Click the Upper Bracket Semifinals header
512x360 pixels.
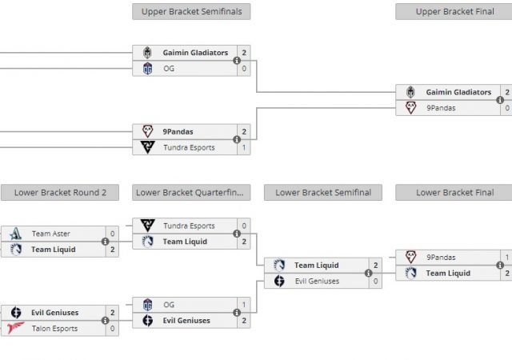tap(191, 12)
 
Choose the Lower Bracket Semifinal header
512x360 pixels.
tap(323, 193)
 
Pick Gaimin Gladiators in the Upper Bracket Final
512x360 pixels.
tap(458, 93)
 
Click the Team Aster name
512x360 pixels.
tap(51, 234)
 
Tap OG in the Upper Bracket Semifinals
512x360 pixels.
tap(169, 69)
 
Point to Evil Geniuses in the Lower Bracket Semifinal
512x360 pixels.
tap(318, 282)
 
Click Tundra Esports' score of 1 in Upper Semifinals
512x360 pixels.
tap(243, 147)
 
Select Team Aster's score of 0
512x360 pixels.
tap(112, 234)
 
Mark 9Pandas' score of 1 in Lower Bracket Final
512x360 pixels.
tap(506, 258)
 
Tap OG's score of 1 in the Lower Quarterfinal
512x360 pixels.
tap(243, 305)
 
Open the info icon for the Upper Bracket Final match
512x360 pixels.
tap(499, 100)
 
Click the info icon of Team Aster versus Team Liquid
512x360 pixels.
tap(105, 242)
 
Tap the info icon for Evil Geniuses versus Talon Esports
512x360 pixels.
tap(105, 321)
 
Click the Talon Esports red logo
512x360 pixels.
tap(16, 329)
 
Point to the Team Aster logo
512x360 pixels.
tap(16, 234)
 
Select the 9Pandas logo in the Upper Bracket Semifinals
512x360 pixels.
tap(147, 131)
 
